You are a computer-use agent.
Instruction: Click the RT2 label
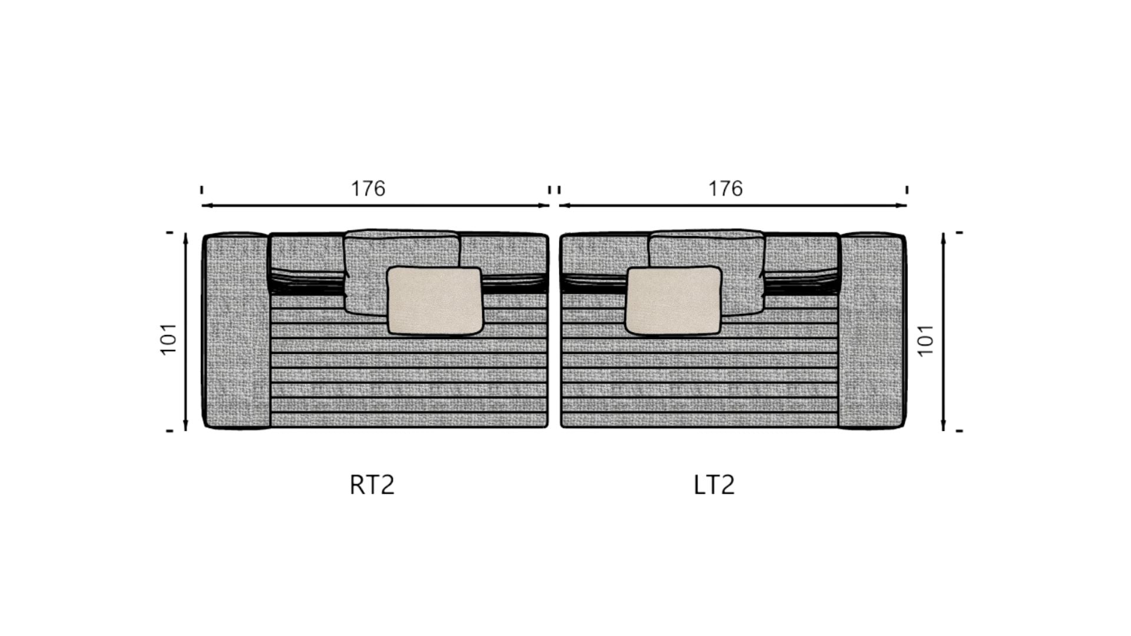tap(372, 485)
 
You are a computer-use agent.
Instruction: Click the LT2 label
tap(714, 485)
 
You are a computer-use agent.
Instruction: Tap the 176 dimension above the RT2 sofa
tap(368, 188)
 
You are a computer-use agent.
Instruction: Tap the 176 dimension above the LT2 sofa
tap(725, 188)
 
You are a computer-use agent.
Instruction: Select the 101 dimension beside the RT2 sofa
tap(168, 339)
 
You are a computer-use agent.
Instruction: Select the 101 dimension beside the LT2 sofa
tap(925, 340)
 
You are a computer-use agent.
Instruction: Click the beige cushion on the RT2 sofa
tap(435, 300)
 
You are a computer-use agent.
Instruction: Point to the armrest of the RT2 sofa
tap(236, 330)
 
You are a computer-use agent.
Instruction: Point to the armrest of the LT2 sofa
tap(872, 330)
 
